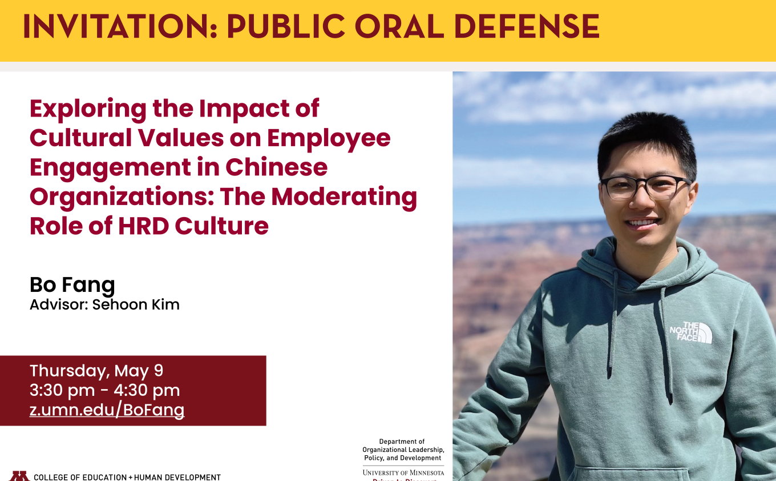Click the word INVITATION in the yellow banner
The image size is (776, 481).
(120, 26)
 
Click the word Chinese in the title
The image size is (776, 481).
(276, 167)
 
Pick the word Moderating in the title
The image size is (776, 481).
(344, 198)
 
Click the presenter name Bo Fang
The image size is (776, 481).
(72, 286)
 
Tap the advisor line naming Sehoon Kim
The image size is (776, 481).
(104, 305)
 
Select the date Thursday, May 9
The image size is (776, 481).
(96, 371)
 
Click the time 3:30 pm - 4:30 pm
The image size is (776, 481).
(104, 391)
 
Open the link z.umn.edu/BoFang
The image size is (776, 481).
(107, 410)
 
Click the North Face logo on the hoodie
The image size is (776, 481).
(691, 332)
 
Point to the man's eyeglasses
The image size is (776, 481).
(645, 187)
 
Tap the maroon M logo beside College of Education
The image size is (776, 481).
(19, 476)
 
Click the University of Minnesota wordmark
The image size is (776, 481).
(403, 472)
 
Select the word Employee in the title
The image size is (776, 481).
(329, 139)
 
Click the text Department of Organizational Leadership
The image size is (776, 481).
(403, 446)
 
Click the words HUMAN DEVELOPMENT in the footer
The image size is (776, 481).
(177, 478)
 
